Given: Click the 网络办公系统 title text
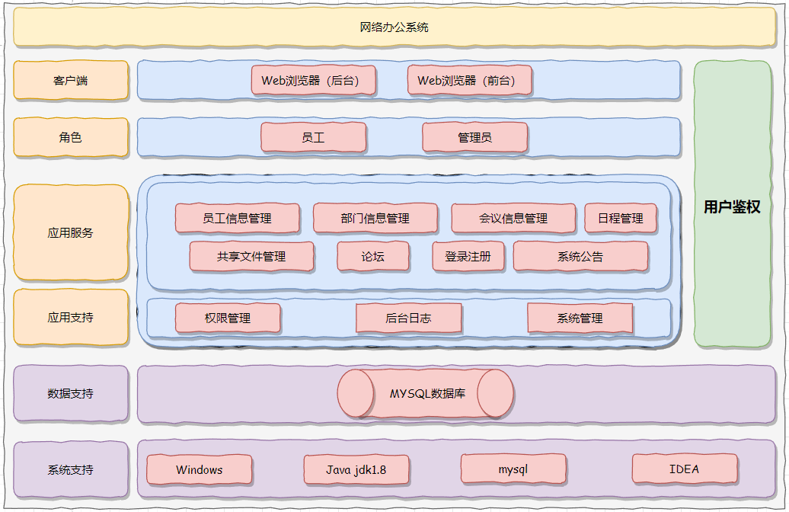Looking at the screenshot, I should pyautogui.click(x=394, y=27).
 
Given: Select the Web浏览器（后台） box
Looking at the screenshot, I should pyautogui.click(x=314, y=80).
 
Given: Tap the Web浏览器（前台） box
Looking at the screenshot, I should pyautogui.click(x=470, y=80).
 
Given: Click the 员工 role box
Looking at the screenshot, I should pyautogui.click(x=314, y=138).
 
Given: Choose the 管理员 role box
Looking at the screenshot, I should pyautogui.click(x=474, y=138).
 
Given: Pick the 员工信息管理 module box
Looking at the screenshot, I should pyautogui.click(x=237, y=218).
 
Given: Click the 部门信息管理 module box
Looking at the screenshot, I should pyautogui.click(x=375, y=218).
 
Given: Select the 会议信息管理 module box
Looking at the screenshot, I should pyautogui.click(x=513, y=218).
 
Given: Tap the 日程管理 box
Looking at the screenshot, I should pyautogui.click(x=621, y=218).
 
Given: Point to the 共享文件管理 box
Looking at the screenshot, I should pyautogui.click(x=251, y=257).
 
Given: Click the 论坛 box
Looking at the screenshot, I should pyautogui.click(x=373, y=257).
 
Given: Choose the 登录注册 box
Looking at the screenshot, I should pyautogui.click(x=468, y=257).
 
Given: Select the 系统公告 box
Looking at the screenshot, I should pyautogui.click(x=580, y=257).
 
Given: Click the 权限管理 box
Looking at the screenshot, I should pyautogui.click(x=228, y=318).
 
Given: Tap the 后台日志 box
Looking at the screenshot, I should pyautogui.click(x=408, y=318).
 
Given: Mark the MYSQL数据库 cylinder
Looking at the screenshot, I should pyautogui.click(x=426, y=394).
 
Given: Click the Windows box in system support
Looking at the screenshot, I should pyautogui.click(x=200, y=469).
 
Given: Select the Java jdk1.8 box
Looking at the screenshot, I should pyautogui.click(x=356, y=469).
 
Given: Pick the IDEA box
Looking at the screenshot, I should pyautogui.click(x=684, y=469).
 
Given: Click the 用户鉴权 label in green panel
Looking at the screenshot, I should pyautogui.click(x=732, y=207).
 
